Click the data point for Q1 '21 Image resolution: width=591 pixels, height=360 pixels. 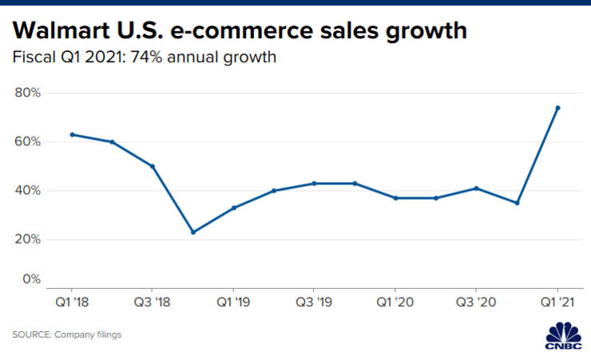[x=557, y=108]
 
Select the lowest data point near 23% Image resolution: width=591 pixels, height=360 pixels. [x=193, y=232]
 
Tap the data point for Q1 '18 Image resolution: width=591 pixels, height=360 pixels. [x=72, y=134]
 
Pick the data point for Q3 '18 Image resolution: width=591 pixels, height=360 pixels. [x=153, y=166]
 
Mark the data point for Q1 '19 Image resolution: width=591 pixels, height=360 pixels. [x=234, y=208]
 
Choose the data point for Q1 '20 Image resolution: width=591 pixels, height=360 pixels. [x=395, y=198]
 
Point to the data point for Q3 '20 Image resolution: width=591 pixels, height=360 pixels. [x=477, y=188]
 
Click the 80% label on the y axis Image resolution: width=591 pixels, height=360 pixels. [x=27, y=93]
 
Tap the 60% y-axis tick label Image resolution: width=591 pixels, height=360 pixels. [x=27, y=142]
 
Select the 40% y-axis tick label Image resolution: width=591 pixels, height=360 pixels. [x=27, y=191]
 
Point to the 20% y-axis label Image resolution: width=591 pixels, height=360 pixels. [x=27, y=239]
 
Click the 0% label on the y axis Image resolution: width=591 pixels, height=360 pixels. [x=31, y=279]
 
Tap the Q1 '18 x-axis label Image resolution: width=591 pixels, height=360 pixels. [x=72, y=304]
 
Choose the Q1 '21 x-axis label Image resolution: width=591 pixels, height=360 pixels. [x=557, y=304]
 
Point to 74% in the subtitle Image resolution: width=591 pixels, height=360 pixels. [x=158, y=58]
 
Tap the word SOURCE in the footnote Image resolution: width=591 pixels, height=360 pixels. [x=30, y=334]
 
